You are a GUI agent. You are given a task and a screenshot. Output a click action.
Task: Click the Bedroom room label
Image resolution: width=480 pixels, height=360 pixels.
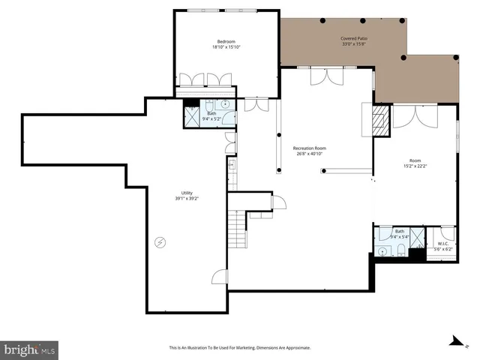[x=226, y=41]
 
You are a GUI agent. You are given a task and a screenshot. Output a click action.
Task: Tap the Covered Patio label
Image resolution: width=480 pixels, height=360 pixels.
[x=352, y=37]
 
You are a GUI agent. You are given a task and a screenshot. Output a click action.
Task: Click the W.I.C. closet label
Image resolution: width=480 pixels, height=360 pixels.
[x=442, y=243]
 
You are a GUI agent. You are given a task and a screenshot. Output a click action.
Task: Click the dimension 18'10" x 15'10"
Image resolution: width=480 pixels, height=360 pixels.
[x=226, y=47]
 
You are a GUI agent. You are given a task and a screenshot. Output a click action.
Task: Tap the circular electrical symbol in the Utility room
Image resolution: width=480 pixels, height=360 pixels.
[x=160, y=241]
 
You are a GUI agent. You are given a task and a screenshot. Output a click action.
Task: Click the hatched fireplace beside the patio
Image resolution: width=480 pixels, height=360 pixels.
[x=381, y=118]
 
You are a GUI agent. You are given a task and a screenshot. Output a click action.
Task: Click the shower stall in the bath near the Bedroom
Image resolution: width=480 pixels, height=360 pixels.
[x=192, y=115]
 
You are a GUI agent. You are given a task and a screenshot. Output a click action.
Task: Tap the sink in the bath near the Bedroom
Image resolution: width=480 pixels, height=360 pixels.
[x=227, y=105]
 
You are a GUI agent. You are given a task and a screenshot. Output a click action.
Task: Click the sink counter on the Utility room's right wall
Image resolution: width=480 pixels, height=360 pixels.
[x=232, y=166]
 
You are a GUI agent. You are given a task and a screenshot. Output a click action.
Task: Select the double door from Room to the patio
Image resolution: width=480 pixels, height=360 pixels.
[x=415, y=114]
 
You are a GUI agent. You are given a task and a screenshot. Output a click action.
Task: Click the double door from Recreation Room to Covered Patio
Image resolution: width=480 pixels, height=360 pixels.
[x=328, y=75]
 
